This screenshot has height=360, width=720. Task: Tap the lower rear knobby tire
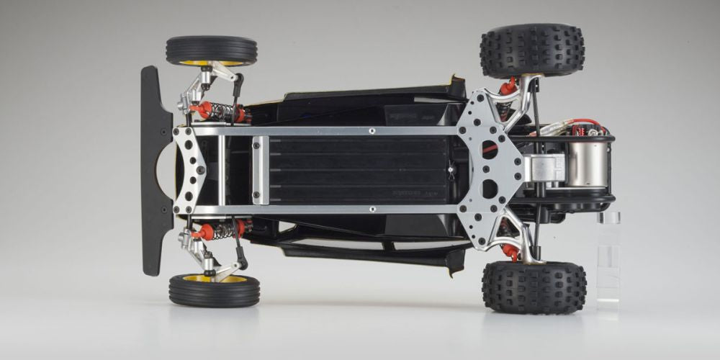click(x=534, y=287)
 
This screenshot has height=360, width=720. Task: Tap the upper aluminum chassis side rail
click(x=324, y=131)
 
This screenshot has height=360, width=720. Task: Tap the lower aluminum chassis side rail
click(x=324, y=210)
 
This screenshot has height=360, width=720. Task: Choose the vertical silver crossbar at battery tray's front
click(x=261, y=171)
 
